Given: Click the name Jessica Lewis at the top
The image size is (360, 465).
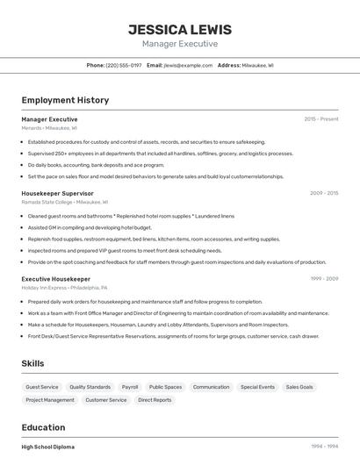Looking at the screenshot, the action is click(x=180, y=28).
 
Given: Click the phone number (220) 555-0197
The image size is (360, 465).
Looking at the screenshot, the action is click(x=123, y=65).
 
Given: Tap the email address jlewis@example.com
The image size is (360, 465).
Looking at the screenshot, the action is click(x=188, y=65).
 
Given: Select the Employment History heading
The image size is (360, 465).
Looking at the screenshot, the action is click(x=65, y=100).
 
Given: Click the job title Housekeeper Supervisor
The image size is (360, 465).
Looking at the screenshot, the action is click(x=57, y=193).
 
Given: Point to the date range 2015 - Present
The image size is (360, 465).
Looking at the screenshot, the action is click(x=321, y=118).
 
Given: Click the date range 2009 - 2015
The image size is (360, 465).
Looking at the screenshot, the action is click(x=324, y=193).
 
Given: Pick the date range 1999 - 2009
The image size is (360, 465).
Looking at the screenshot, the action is click(x=324, y=279).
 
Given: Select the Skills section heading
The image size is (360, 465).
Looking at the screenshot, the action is click(x=33, y=363).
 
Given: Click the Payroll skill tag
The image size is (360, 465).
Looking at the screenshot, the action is click(x=130, y=387).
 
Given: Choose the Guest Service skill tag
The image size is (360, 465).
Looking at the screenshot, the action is click(x=42, y=387).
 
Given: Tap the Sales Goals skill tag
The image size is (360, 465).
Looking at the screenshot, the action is click(x=299, y=387).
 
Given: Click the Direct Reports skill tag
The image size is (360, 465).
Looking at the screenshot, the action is click(x=155, y=400).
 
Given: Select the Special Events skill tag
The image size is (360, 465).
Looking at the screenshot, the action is click(x=257, y=387).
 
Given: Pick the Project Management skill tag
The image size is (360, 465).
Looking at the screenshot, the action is click(x=50, y=400).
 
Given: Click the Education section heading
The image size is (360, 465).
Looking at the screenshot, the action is click(x=43, y=428).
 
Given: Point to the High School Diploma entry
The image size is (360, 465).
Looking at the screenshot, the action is click(x=48, y=447).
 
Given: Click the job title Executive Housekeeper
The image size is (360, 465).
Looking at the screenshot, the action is click(x=55, y=279).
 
